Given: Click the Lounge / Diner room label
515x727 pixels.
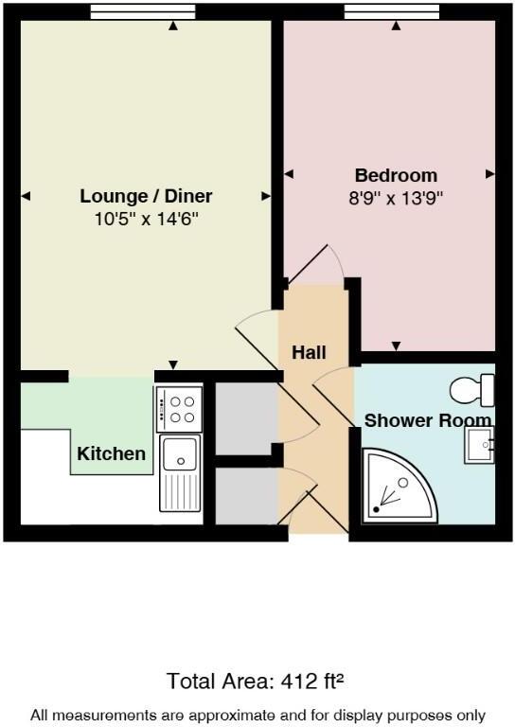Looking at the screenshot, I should [146, 197].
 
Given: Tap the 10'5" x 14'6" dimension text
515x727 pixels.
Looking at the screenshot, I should [146, 219].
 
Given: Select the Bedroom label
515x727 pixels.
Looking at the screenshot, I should [396, 175].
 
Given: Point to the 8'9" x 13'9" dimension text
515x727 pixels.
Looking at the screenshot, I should [396, 198].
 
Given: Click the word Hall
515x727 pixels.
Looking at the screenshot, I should [309, 353].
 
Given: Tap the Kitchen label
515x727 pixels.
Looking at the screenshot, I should [112, 453].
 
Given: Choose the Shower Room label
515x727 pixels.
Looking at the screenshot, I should [428, 420].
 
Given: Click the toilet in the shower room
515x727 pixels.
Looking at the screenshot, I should [473, 389].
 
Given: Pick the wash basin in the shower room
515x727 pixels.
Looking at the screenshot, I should [479, 444].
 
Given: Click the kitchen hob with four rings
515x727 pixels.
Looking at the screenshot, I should [179, 409].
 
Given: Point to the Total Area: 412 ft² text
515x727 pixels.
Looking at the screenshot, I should [257, 681].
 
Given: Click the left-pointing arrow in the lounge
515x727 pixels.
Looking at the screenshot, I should [26, 196].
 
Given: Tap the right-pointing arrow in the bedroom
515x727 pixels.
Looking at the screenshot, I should [489, 174].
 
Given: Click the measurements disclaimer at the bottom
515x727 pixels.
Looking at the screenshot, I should [257, 715].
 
